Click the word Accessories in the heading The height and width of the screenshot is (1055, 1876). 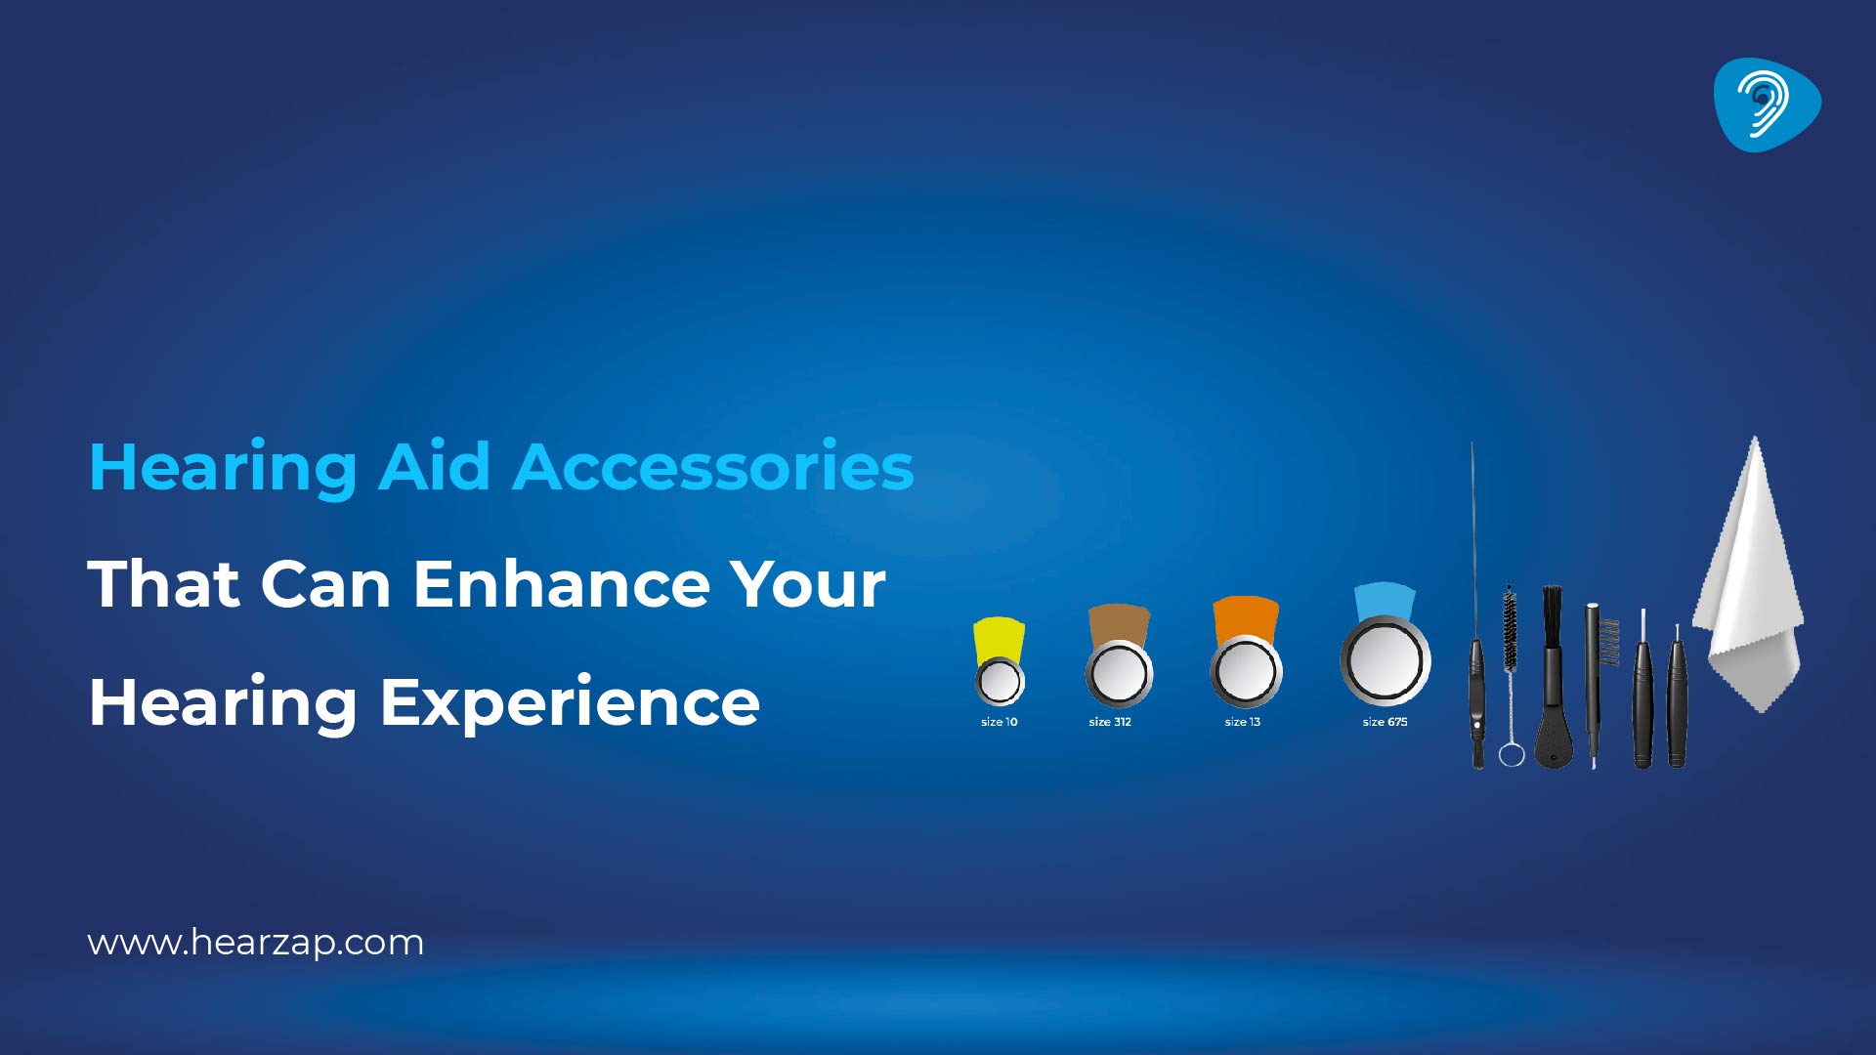point(713,467)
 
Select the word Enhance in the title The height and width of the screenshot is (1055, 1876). point(562,583)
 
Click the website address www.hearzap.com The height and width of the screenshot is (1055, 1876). point(255,943)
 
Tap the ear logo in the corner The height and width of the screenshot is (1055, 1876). point(1766,105)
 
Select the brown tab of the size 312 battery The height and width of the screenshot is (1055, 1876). point(1119,623)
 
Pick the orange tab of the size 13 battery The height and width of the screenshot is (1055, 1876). point(1246,617)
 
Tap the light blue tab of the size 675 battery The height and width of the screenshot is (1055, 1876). point(1385,600)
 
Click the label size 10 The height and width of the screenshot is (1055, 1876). point(999,722)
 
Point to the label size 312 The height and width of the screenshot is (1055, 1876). point(1110,722)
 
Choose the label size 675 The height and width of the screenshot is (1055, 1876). point(1385,722)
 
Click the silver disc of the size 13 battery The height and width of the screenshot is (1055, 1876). point(1246,672)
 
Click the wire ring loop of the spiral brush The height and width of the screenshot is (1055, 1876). point(1512,754)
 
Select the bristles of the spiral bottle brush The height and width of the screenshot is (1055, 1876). point(1510,627)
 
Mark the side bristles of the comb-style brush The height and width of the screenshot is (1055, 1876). point(1608,641)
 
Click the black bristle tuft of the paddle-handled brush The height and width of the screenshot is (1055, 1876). point(1552,615)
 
